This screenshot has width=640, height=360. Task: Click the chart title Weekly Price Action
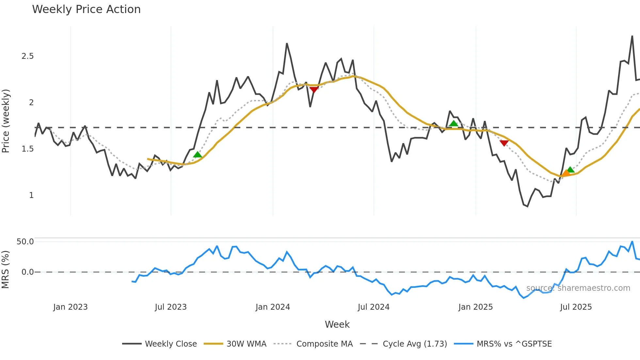[86, 9]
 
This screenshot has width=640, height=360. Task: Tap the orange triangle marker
[566, 173]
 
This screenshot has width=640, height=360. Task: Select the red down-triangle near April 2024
[314, 90]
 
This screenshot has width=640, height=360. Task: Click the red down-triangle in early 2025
[504, 143]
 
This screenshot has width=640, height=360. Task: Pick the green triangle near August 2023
[198, 155]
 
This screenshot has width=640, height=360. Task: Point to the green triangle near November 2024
[454, 123]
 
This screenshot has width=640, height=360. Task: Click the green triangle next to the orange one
[570, 170]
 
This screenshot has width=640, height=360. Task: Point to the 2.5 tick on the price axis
[28, 56]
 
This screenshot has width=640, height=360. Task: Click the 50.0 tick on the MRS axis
[25, 242]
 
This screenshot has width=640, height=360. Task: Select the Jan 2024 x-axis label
[273, 307]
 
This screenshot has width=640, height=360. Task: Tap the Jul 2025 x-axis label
[576, 307]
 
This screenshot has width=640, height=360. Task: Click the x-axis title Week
[337, 324]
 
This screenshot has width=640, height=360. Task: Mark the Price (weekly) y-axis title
[6, 121]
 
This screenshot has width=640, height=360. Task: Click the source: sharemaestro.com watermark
[578, 288]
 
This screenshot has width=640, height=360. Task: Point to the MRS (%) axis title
[5, 270]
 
